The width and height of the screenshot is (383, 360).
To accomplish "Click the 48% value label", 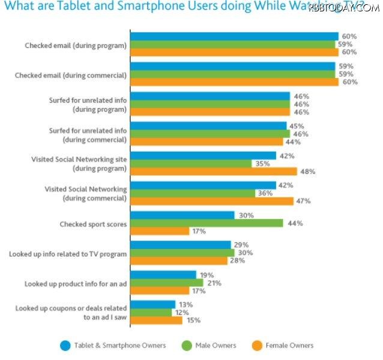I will pos(309,171).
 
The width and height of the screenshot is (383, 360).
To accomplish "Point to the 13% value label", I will pos(185,305).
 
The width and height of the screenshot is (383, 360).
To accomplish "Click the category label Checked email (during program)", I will pos(76,46).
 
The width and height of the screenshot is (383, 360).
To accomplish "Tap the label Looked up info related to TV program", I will pos(68,254).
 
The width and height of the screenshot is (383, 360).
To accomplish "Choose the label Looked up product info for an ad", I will pos(76,283).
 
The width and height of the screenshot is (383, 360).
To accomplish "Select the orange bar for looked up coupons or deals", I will pos(156,320).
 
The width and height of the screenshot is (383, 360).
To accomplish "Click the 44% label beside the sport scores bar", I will pos(295,223).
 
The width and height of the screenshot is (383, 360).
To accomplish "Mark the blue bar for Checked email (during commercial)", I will pos(233,66).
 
